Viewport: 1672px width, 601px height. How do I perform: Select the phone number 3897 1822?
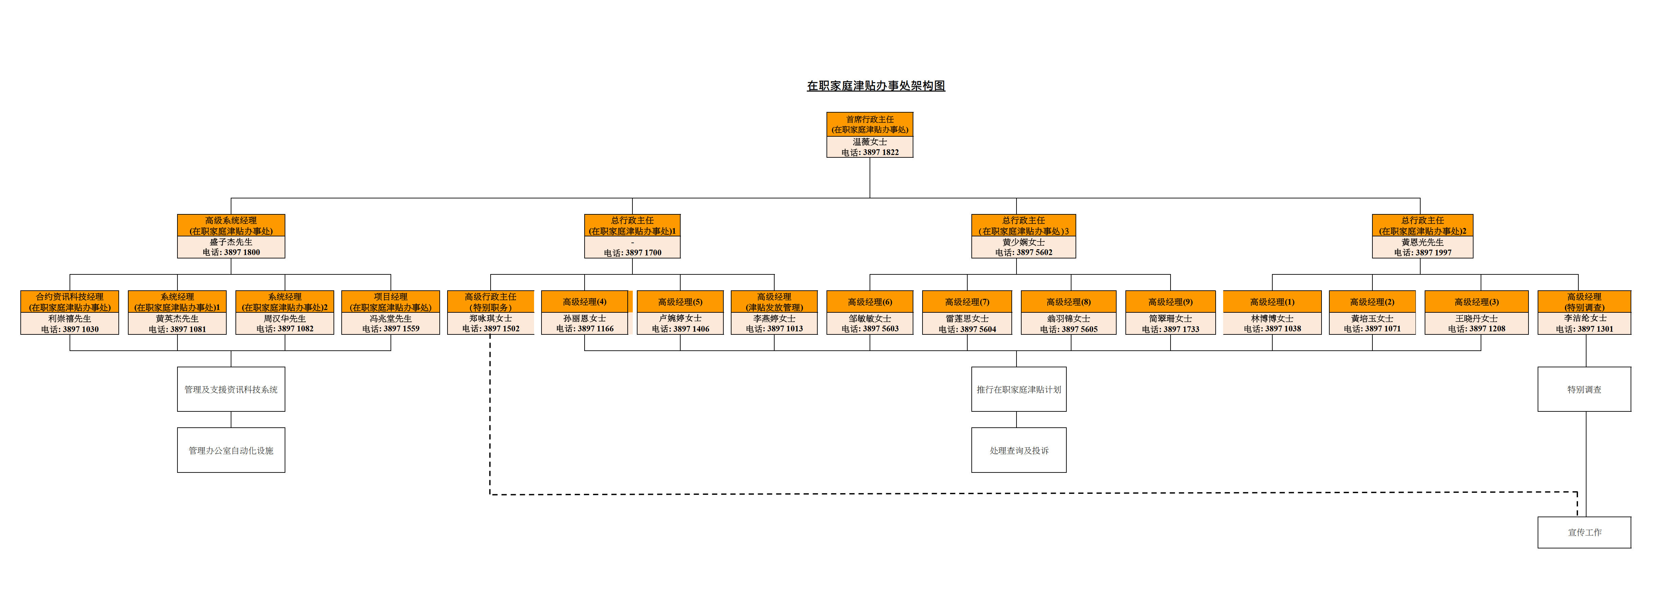click(870, 153)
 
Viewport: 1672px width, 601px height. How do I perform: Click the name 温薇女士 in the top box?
click(870, 141)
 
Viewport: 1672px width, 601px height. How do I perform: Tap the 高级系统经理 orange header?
click(231, 225)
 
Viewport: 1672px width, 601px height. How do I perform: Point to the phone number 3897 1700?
click(632, 252)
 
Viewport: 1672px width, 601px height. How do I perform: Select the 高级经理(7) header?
click(967, 302)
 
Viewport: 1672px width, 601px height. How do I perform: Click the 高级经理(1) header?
click(1272, 302)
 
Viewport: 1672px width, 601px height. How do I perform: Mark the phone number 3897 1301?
click(1584, 329)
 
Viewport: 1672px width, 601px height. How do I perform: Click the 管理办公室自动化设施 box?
click(231, 450)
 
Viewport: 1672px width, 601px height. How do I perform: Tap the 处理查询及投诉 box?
click(1019, 450)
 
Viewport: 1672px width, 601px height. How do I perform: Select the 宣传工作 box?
click(1584, 532)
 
